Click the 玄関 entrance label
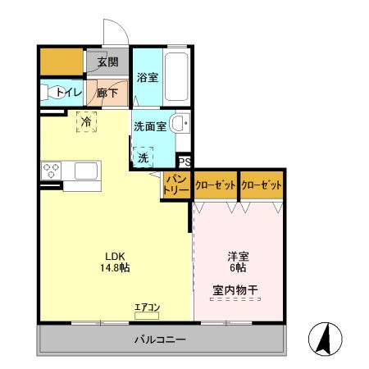107,61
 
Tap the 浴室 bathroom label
148,78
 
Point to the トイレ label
68,93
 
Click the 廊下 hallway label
107,93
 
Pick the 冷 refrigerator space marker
86,121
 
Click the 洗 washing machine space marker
143,156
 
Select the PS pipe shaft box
184,162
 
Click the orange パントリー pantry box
176,184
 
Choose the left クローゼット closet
216,185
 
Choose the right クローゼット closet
262,185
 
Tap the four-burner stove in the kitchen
52,171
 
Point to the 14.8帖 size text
115,267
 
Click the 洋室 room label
238,255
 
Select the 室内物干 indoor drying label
236,289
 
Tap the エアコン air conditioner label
148,307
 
